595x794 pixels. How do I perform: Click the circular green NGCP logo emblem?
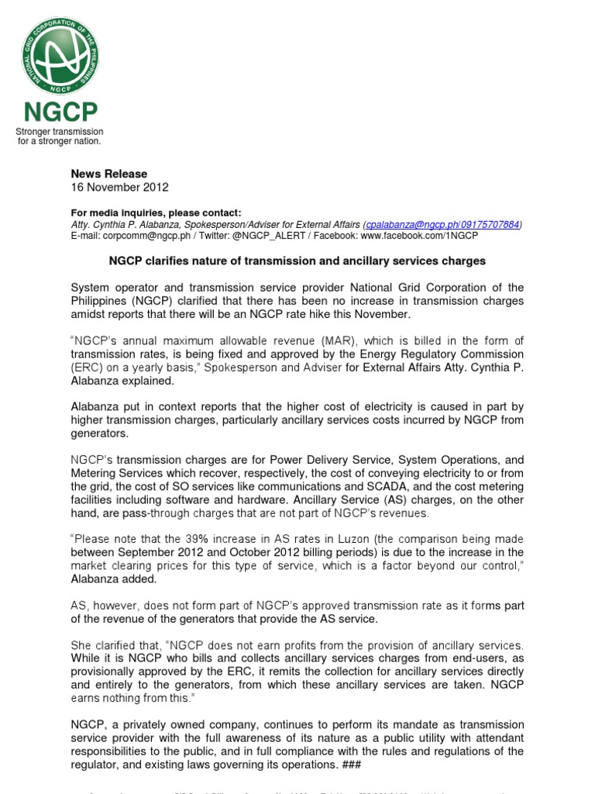(60, 56)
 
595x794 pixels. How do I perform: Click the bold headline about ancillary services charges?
(297, 261)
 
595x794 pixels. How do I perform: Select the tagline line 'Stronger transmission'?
(60, 132)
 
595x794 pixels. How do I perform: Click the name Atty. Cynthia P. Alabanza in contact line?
(124, 224)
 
